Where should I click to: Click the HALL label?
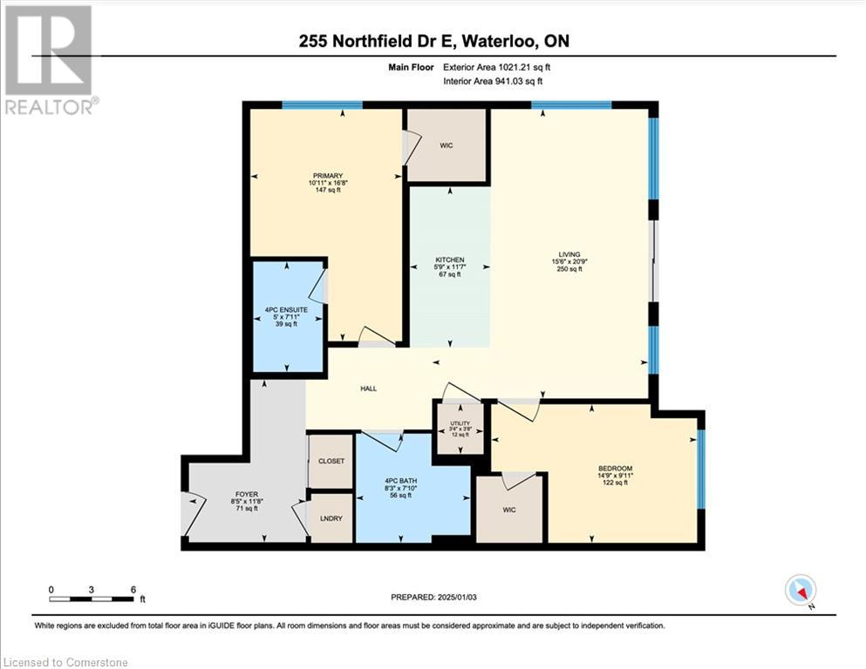(369, 389)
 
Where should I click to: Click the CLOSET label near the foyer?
(331, 461)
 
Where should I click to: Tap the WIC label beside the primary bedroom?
(447, 145)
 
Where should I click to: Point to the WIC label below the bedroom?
(510, 510)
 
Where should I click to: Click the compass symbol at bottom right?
(800, 591)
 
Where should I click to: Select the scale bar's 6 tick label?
(133, 590)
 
